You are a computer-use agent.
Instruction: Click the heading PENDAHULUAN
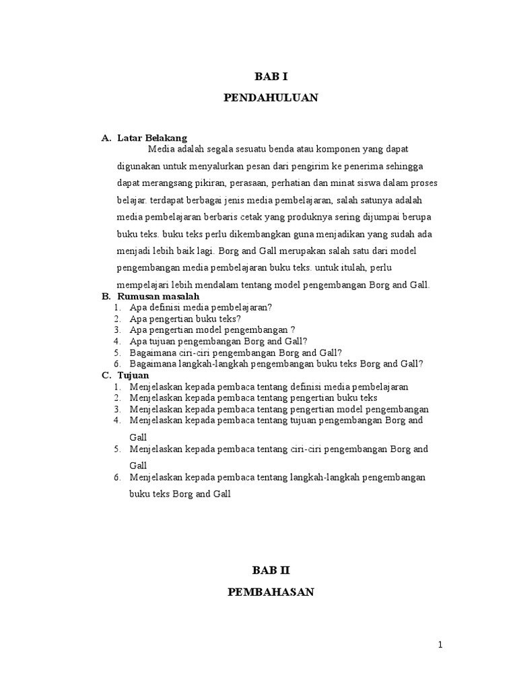pyautogui.click(x=270, y=98)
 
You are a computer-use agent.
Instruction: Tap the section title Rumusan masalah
pyautogui.click(x=158, y=296)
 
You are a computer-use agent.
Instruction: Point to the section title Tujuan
pyautogui.click(x=133, y=375)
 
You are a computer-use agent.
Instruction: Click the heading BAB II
pyautogui.click(x=270, y=570)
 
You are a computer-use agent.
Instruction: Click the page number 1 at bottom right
pyautogui.click(x=441, y=645)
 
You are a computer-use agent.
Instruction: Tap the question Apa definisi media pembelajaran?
pyautogui.click(x=201, y=307)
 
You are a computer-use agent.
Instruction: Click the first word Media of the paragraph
pyautogui.click(x=161, y=149)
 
